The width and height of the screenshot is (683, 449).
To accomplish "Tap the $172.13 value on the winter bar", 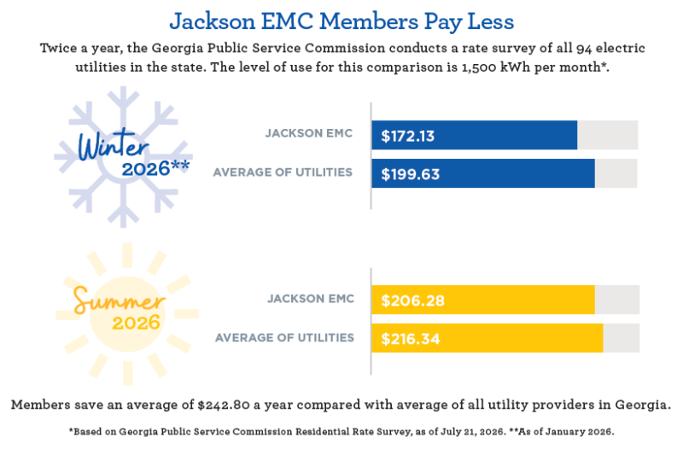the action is tap(408, 136).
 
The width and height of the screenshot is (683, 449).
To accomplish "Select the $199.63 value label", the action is tap(411, 174).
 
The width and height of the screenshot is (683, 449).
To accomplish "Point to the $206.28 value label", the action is tap(412, 300).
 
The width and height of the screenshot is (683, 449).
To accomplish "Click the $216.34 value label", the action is tap(411, 339).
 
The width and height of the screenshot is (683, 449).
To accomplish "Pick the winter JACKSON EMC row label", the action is tap(309, 133).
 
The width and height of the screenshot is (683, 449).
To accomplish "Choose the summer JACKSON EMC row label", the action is tap(311, 299).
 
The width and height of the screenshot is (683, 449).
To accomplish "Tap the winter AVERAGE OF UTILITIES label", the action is tap(283, 172).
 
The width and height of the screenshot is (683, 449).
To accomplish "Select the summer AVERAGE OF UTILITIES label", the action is tap(284, 338).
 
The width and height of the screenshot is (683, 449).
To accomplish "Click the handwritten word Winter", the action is tap(114, 145).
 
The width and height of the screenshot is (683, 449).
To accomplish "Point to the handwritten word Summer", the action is tap(119, 300).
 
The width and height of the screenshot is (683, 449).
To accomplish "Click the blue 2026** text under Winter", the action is tap(155, 169).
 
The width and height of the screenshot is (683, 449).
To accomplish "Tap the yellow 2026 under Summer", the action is tap(136, 324).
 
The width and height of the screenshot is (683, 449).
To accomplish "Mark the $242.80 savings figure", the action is tap(224, 405).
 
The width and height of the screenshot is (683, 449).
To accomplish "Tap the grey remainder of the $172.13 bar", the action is tap(608, 135).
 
